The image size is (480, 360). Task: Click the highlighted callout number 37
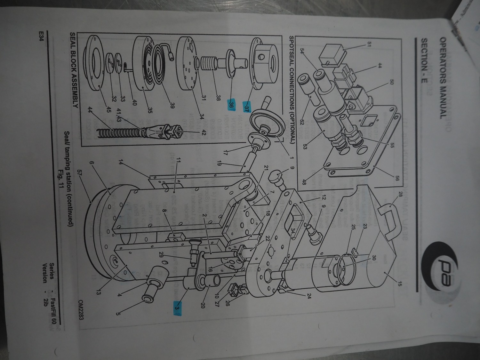click(246, 105)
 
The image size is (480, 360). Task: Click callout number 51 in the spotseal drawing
click(368, 44)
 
